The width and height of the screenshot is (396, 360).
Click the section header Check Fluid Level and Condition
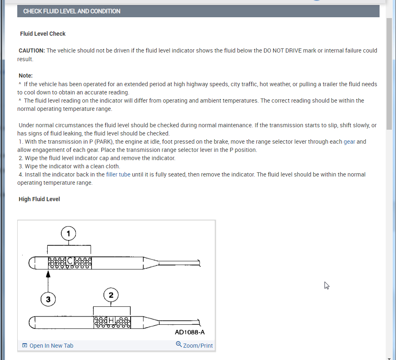pyautogui.click(x=72, y=11)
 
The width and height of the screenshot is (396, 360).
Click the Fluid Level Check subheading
pyautogui.click(x=43, y=34)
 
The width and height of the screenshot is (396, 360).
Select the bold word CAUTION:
pyautogui.click(x=32, y=50)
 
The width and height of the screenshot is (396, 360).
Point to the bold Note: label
pyautogui.click(x=25, y=76)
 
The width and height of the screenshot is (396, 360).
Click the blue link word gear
pyautogui.click(x=349, y=142)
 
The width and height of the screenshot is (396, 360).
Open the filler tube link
pyautogui.click(x=118, y=174)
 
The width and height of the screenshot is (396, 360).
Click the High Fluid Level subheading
pyautogui.click(x=39, y=199)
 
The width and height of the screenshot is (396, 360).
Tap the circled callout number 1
pyautogui.click(x=69, y=234)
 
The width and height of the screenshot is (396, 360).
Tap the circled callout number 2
pyautogui.click(x=111, y=295)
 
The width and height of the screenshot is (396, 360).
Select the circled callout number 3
pyautogui.click(x=48, y=299)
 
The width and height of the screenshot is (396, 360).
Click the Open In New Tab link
pyautogui.click(x=51, y=346)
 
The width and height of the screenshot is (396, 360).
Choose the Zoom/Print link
pyautogui.click(x=198, y=346)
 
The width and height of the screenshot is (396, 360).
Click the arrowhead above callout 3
pyautogui.click(x=48, y=275)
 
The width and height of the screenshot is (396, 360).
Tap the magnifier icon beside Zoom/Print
pyautogui.click(x=179, y=345)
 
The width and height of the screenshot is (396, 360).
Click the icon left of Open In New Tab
pyautogui.click(x=25, y=346)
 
